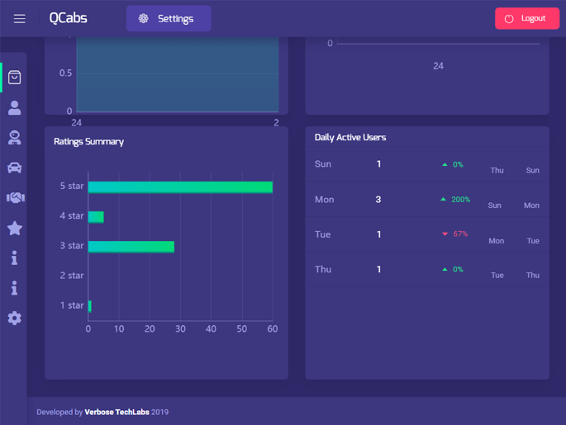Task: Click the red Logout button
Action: pos(526,18)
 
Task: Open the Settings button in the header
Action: pos(169,18)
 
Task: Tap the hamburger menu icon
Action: pos(19,18)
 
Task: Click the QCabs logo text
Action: pos(68,18)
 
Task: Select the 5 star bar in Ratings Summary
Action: pos(180,187)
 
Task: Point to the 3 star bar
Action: pos(131,247)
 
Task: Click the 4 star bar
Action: pos(96,217)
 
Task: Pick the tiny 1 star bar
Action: pos(90,306)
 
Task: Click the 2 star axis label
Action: pos(71,276)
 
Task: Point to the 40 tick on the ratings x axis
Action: pos(211,329)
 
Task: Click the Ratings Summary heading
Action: pos(88,142)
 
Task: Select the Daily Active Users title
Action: pos(350,138)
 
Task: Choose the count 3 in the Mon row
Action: pos(378,200)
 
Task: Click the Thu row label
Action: pos(323,270)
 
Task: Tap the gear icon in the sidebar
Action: pos(15,319)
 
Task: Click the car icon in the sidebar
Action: pos(15,168)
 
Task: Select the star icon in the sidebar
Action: pos(15,228)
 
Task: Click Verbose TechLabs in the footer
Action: pos(117,412)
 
